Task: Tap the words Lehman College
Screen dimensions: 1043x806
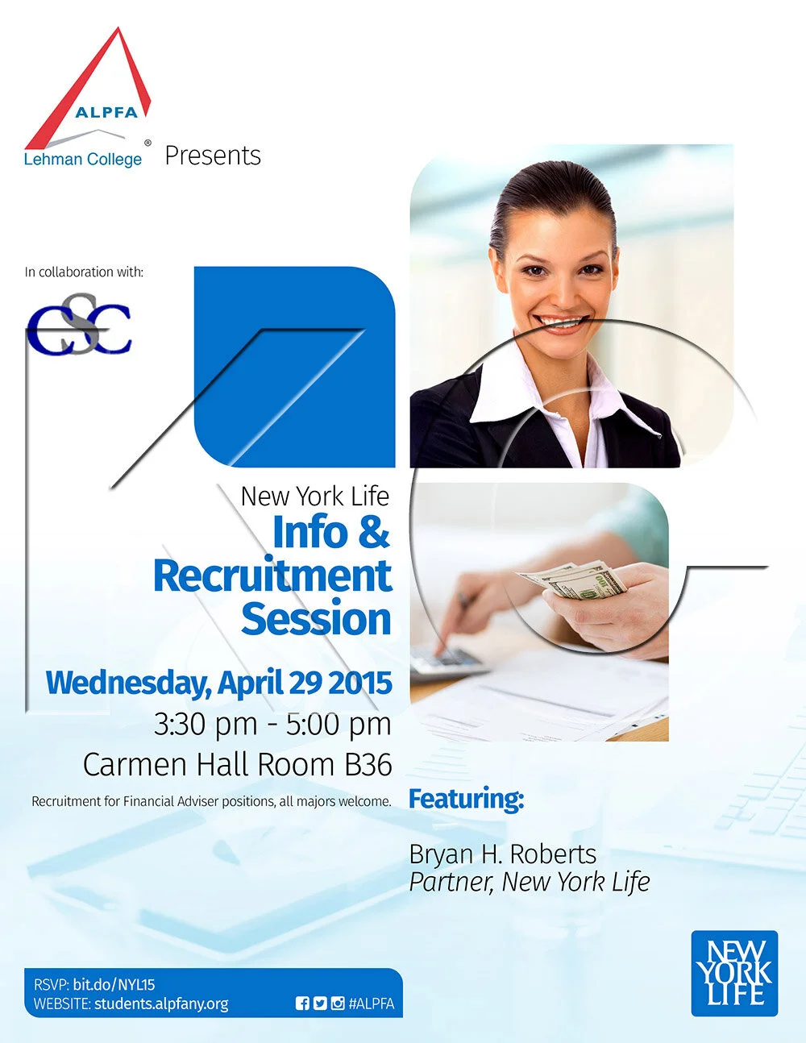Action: [82, 159]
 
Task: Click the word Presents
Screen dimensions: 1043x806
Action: [213, 156]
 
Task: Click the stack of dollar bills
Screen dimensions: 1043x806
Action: [574, 581]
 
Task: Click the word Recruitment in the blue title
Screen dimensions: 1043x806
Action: [272, 576]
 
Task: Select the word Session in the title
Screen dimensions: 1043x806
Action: [316, 619]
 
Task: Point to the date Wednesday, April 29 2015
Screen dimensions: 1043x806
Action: [218, 683]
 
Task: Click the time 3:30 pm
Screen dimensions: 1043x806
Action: [206, 724]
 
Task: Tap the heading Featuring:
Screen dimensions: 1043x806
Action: [466, 799]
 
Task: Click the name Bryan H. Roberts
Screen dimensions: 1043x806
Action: [502, 854]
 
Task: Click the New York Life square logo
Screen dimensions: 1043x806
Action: [734, 973]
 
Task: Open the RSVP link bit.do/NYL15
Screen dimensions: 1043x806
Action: [114, 984]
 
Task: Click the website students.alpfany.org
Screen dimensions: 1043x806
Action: [161, 1004]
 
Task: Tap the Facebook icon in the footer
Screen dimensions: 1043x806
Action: [302, 1004]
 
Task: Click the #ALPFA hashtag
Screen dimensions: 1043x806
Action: [372, 1004]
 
